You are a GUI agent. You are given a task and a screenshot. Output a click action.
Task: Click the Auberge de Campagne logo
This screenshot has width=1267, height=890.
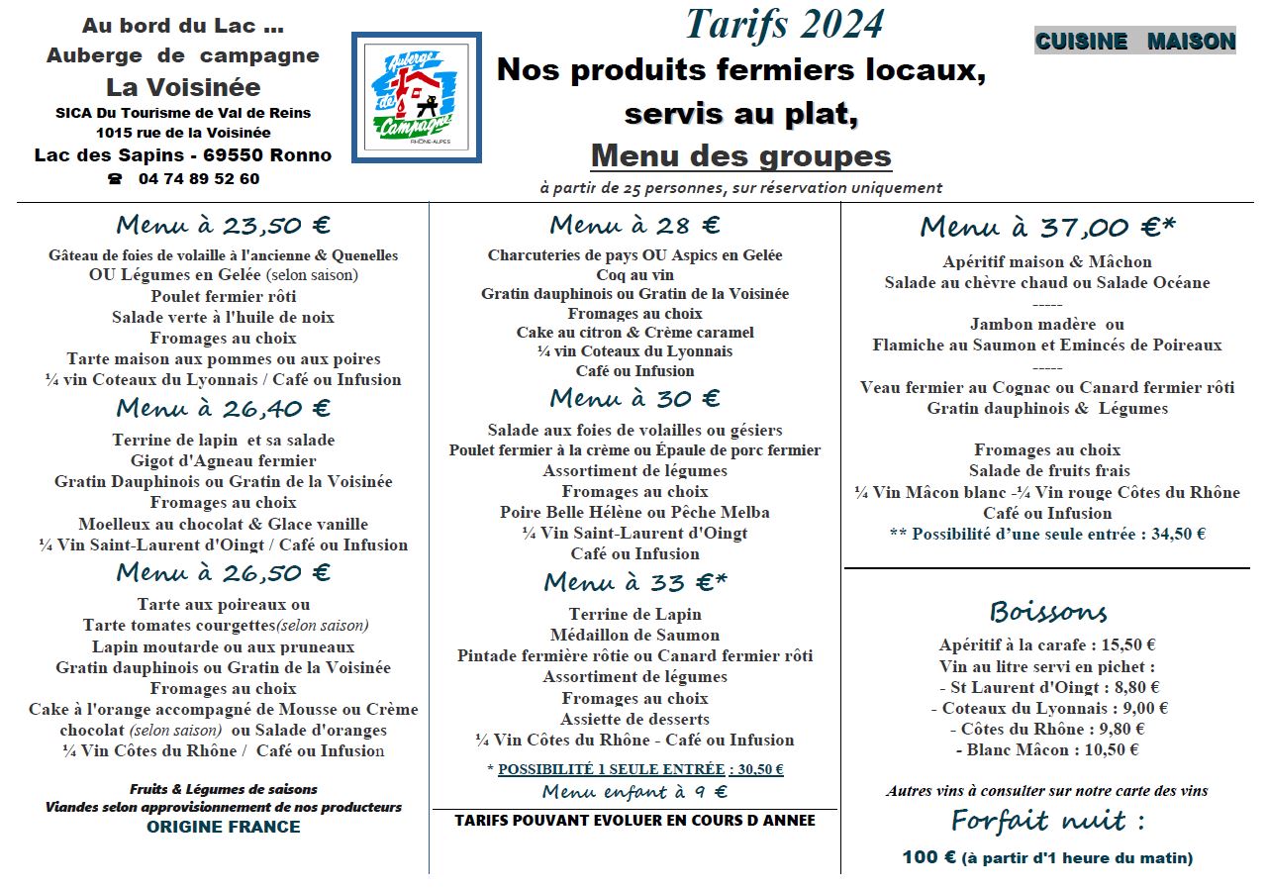[x=416, y=97]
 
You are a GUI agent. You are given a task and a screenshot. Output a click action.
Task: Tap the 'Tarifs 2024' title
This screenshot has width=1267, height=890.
[x=784, y=24]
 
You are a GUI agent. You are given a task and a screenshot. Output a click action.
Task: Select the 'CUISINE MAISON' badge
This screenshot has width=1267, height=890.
[x=1134, y=41]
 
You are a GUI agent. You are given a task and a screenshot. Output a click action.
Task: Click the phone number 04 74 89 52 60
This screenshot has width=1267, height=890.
[x=198, y=179]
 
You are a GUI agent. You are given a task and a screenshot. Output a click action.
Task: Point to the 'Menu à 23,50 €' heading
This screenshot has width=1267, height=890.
[x=223, y=224]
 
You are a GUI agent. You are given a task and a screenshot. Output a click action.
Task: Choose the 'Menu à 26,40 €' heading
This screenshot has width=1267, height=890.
[x=223, y=408]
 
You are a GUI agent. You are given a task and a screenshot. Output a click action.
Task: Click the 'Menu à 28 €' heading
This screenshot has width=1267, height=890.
[x=634, y=226]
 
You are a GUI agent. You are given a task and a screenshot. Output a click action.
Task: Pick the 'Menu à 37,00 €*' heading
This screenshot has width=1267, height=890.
[x=1047, y=228]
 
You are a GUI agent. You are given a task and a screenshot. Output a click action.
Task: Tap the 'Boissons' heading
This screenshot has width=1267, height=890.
[x=1047, y=611]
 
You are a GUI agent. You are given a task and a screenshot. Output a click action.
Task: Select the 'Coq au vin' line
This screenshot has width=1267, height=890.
[x=634, y=274]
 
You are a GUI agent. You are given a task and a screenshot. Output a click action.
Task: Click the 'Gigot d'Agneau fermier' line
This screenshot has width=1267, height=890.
[x=223, y=460]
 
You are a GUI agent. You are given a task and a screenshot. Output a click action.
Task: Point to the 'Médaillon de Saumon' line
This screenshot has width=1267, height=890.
[x=634, y=635]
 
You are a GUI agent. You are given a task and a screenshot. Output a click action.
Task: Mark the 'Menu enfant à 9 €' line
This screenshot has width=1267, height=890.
[x=634, y=791]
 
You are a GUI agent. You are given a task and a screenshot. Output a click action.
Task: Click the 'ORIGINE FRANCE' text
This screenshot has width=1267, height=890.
[x=223, y=827]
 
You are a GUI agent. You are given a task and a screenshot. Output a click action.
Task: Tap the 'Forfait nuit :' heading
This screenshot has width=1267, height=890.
[x=1047, y=821]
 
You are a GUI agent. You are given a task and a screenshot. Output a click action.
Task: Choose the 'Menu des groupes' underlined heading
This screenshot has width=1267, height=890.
[x=740, y=155]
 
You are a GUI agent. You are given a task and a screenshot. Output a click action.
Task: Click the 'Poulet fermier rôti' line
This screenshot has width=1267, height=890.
[x=223, y=296]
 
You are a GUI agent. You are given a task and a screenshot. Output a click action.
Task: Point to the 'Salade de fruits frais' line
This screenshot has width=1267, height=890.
[x=1048, y=470]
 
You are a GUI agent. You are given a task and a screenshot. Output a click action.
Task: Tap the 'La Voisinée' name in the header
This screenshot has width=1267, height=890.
[x=183, y=87]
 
